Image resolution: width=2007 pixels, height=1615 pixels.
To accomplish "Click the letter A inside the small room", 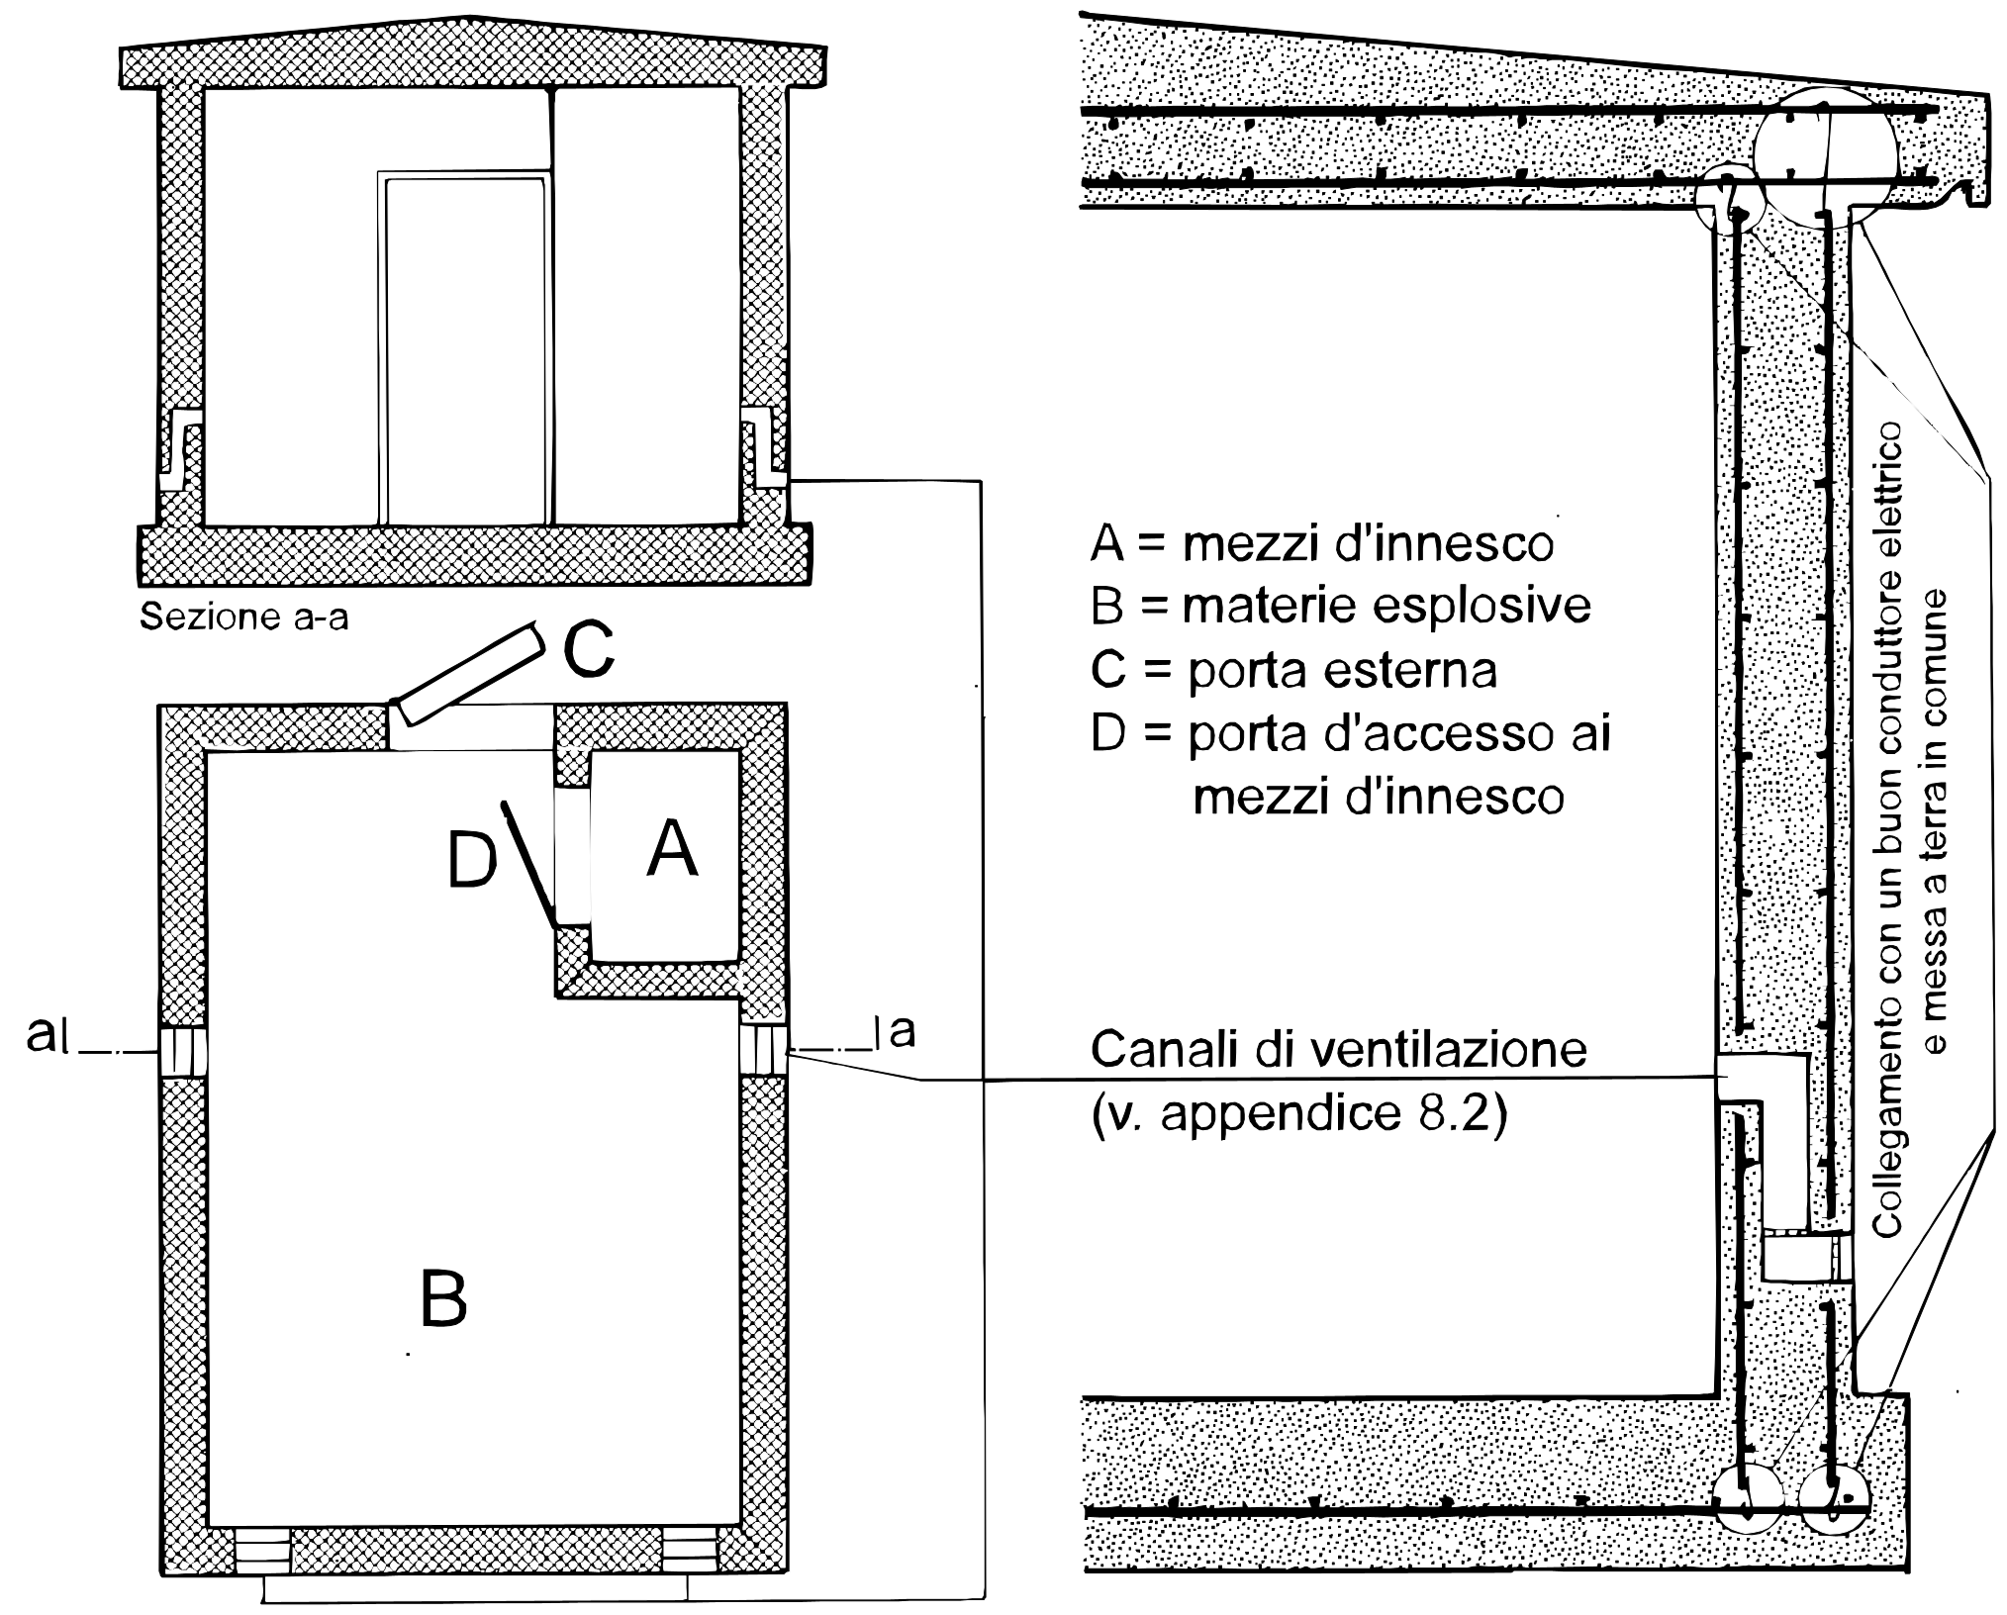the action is [x=672, y=850].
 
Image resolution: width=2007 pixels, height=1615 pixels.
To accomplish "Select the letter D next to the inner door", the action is [x=471, y=860].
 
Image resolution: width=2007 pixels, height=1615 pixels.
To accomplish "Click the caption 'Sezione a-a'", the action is [x=244, y=617].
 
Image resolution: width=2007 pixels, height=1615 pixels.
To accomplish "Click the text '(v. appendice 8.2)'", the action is [x=1299, y=1115].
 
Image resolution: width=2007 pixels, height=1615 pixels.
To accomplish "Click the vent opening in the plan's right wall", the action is [x=764, y=1051].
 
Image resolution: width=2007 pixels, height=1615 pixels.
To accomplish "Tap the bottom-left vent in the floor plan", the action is [x=262, y=1552].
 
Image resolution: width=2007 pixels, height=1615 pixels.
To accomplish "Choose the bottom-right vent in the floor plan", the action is [x=688, y=1552].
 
